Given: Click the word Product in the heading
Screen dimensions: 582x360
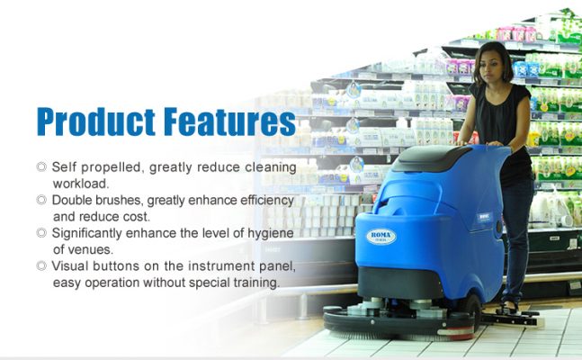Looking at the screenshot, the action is click(96, 121).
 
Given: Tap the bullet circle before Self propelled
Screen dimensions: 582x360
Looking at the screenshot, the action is click(41, 166).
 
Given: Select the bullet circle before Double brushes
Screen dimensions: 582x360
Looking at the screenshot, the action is click(41, 200).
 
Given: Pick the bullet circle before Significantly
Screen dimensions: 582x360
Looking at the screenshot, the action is click(41, 233).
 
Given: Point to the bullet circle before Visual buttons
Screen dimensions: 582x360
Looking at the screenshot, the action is click(41, 265).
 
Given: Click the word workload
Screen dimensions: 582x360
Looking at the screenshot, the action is click(81, 184).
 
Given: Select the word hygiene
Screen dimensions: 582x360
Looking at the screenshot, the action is click(271, 234).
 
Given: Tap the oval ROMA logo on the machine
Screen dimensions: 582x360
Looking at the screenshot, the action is click(381, 237).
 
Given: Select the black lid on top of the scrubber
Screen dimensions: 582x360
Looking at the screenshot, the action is click(431, 157).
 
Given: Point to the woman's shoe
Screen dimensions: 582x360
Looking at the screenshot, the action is click(507, 309).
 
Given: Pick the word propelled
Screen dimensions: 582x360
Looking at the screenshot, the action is click(112, 167).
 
